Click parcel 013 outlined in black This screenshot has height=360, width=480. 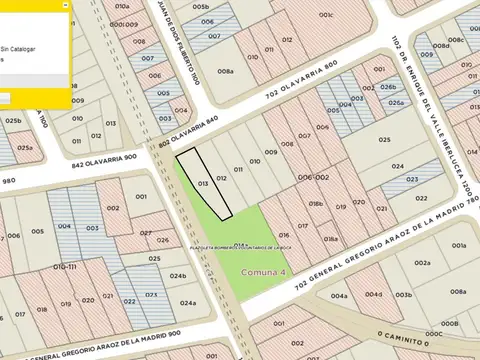click(x=203, y=183)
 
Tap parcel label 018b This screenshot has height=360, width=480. click(x=315, y=204)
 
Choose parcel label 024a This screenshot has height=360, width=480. click(x=187, y=302)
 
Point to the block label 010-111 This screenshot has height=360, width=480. click(x=66, y=267)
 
